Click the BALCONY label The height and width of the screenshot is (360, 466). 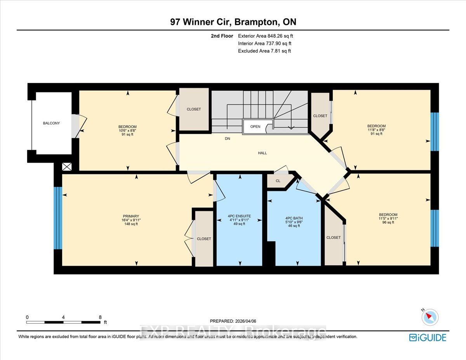51,123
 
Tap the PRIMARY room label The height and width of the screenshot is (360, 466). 131,216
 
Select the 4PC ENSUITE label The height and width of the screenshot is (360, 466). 239,216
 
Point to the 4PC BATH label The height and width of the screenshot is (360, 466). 294,218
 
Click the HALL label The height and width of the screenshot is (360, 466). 262,153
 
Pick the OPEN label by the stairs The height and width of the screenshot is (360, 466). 255,127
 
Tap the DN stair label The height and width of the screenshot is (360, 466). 227,139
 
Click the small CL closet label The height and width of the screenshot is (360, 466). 278,181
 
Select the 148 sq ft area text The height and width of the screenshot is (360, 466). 131,224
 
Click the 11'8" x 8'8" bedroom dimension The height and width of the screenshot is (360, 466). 376,130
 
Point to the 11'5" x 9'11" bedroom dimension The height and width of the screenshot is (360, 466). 388,219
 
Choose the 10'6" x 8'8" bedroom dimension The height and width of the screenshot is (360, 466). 127,130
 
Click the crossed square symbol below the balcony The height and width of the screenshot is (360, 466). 67,167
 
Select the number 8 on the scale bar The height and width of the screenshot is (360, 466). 100,317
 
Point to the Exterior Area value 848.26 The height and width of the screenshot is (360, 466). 275,36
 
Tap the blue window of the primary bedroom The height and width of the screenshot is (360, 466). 58,218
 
